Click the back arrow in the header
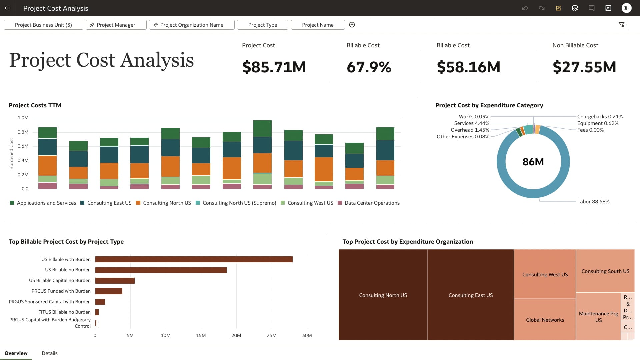coord(7,8)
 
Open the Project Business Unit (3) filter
coord(43,25)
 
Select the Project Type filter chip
coord(262,25)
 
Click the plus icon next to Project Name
coord(352,25)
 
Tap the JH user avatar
coord(626,8)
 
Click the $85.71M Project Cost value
coord(274,67)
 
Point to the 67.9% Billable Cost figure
coord(369,67)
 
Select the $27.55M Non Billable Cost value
coord(584,67)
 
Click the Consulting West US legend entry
coord(310,203)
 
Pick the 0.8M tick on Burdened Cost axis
coord(23,132)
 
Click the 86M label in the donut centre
coord(533,162)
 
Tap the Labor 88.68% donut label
coord(593,201)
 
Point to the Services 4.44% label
coord(471,123)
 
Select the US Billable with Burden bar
coord(194,259)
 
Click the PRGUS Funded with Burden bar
coord(109,291)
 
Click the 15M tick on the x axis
coord(201,335)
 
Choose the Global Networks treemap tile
coord(545,320)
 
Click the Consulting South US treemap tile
coord(605,271)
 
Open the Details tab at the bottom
coord(49,353)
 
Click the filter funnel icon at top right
coord(621,25)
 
